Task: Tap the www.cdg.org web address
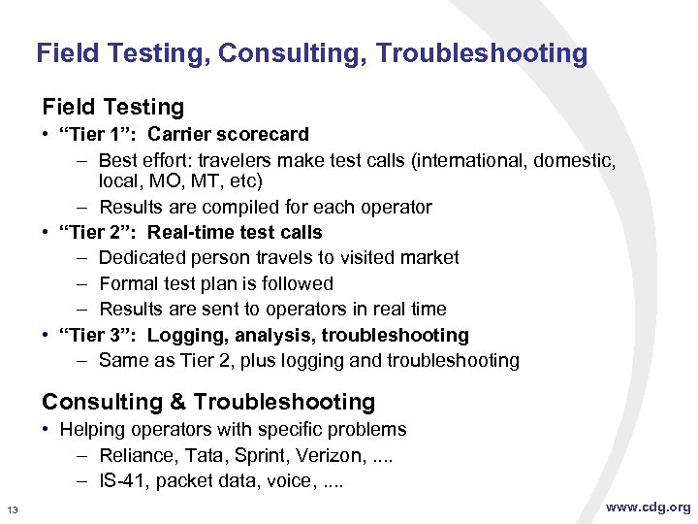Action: [x=649, y=507]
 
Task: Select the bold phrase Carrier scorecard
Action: [x=228, y=134]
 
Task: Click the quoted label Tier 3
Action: [x=98, y=335]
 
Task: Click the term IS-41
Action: [x=123, y=480]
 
